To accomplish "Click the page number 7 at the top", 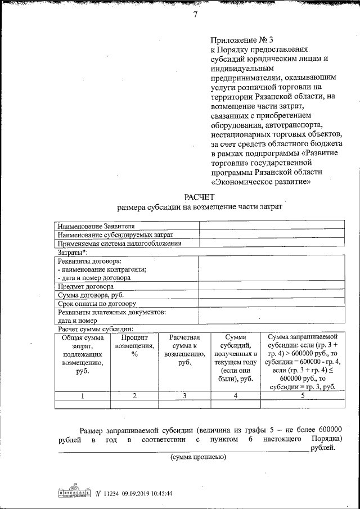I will [195, 15].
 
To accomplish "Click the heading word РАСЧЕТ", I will [199, 196].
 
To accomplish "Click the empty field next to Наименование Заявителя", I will [272, 226].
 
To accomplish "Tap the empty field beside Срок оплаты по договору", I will [272, 304].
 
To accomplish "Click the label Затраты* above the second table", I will [69, 253].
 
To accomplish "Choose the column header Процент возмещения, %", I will [134, 349].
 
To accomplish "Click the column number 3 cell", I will [184, 396].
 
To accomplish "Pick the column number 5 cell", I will [303, 396].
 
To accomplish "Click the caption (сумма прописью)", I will [199, 457].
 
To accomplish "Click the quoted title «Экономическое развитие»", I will [261, 182].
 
